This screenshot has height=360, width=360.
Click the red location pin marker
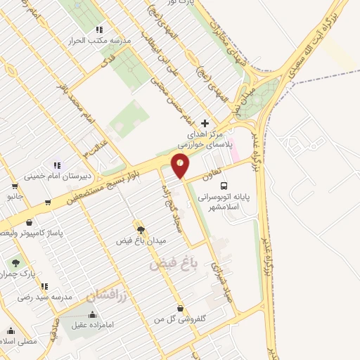click(181, 165)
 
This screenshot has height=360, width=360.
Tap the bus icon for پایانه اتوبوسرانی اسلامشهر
click(224, 186)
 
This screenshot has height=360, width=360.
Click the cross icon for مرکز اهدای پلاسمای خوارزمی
click(205, 122)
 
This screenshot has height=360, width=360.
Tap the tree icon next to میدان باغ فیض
click(141, 230)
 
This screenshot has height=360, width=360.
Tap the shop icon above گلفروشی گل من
click(181, 307)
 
